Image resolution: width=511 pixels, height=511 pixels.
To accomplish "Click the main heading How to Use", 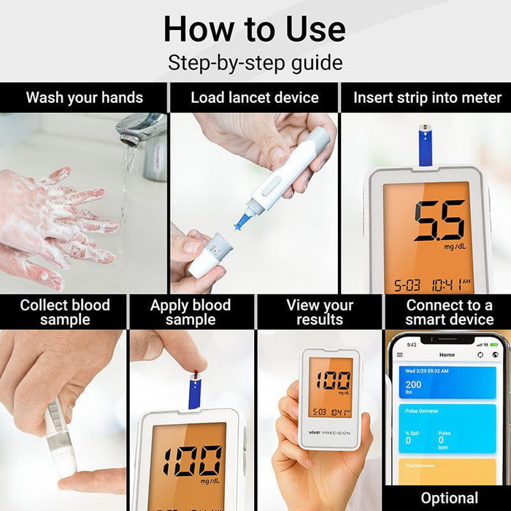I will pos(255,28).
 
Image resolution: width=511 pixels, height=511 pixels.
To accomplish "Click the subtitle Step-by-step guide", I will pos(255,63).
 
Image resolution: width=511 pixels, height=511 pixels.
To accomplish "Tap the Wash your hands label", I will pos(84,98).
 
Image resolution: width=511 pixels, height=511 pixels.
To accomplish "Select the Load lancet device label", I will pos(255,98).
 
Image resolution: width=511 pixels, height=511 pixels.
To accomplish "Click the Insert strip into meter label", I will pos(427,98).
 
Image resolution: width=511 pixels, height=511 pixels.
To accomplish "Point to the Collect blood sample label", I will pos(64,312).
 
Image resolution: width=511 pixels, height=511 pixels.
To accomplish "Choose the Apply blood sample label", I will pos(191,312).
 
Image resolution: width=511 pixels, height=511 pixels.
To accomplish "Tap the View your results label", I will pos(319,312).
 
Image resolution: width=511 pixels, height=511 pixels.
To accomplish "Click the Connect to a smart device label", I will pos(449,312).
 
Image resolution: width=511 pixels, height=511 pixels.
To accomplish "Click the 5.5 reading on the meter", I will pos(439,220).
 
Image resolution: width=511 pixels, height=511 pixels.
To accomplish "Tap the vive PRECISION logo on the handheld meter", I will pos(328,432).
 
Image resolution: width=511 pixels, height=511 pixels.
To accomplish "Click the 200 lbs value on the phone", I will pos(414,388).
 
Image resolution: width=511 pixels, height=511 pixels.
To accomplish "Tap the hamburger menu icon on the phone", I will pos(399,355).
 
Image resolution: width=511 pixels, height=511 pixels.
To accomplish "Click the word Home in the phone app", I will pos(447,355).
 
